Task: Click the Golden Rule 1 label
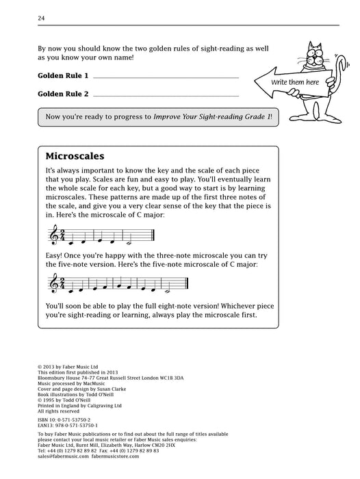[x=64, y=75]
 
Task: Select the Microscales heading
[x=75, y=155]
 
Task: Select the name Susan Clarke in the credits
[x=124, y=389]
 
